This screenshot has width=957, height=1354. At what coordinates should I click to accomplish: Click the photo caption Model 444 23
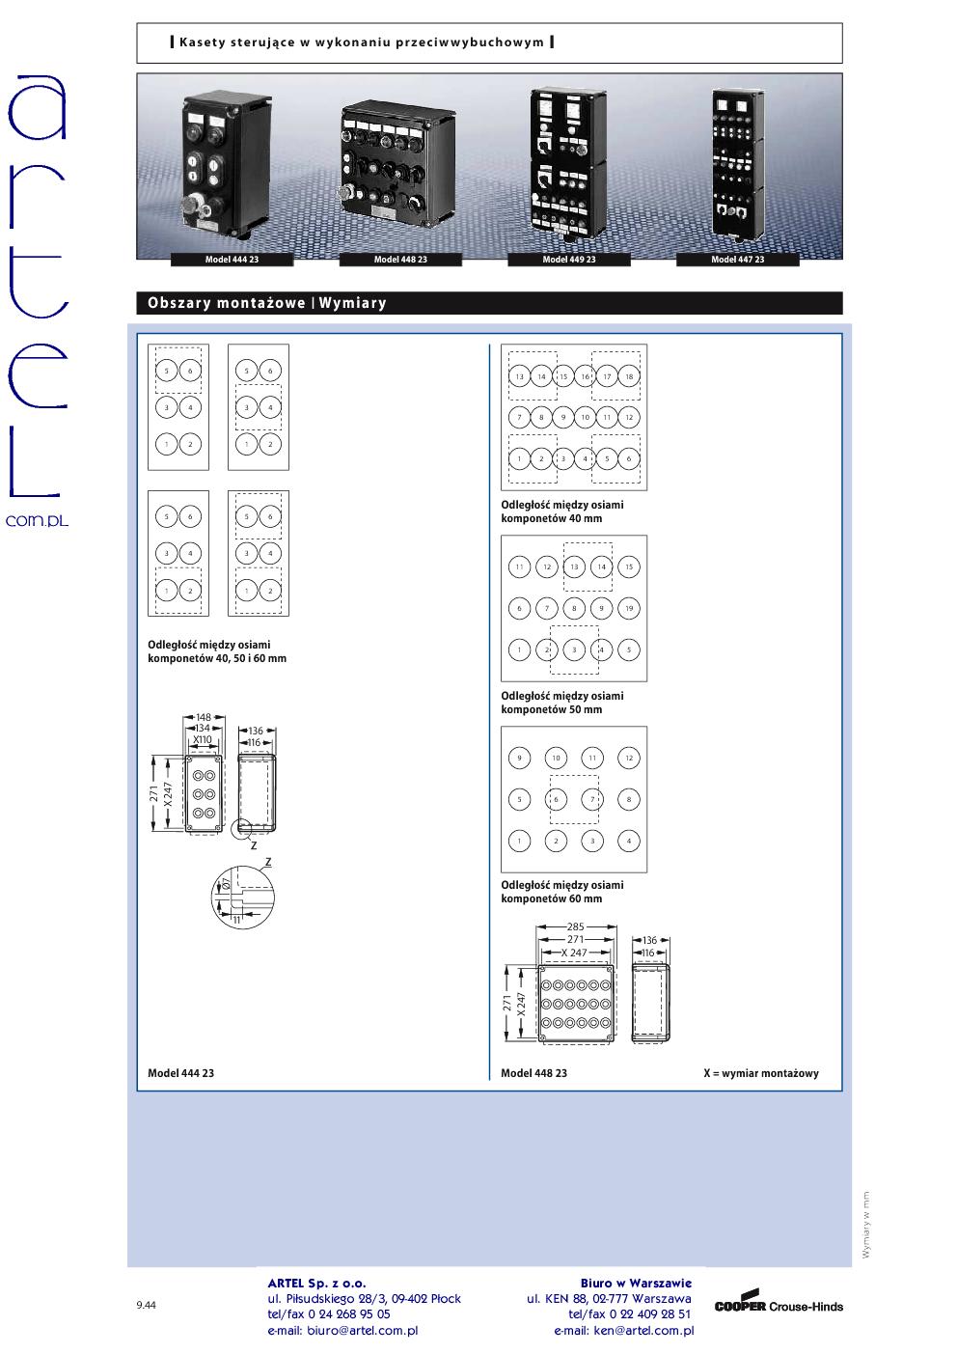click(232, 260)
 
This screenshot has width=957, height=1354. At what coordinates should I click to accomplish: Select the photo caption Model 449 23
click(569, 260)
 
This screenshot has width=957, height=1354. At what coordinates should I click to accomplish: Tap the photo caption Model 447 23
click(738, 260)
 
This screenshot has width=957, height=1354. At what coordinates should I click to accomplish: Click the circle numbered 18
click(629, 376)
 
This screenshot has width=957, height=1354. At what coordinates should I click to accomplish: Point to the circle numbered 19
click(629, 608)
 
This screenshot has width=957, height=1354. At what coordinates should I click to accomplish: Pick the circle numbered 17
click(607, 376)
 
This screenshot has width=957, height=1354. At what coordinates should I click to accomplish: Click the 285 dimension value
click(576, 927)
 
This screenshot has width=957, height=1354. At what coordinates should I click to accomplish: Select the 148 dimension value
click(204, 717)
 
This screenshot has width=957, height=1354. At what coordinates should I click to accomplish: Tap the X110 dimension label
click(203, 739)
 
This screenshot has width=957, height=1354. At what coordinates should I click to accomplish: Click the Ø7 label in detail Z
click(226, 883)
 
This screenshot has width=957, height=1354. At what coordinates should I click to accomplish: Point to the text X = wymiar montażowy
click(761, 1073)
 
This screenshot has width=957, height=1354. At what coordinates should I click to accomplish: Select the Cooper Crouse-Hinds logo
click(779, 1306)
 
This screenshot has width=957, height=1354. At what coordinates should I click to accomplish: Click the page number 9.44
click(147, 1306)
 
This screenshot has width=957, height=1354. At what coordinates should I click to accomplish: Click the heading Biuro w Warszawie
click(636, 1284)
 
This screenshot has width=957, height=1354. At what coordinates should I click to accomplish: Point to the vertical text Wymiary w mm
click(866, 1224)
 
